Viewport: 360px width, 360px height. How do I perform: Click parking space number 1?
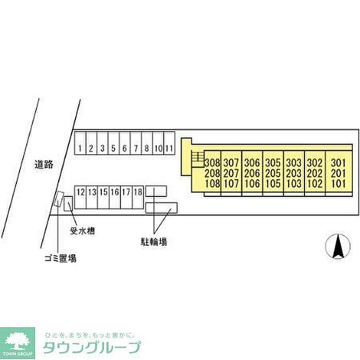click(80, 149)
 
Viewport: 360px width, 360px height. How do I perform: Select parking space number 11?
click(169, 149)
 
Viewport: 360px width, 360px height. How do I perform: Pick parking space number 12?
click(80, 192)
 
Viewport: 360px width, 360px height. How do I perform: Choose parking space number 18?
click(137, 192)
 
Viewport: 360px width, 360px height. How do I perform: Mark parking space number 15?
click(103, 192)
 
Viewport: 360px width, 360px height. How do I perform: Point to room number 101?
click(337, 183)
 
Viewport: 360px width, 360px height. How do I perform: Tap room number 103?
click(293, 183)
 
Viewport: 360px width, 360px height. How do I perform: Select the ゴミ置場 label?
click(60, 259)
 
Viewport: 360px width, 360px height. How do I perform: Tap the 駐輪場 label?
click(154, 240)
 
